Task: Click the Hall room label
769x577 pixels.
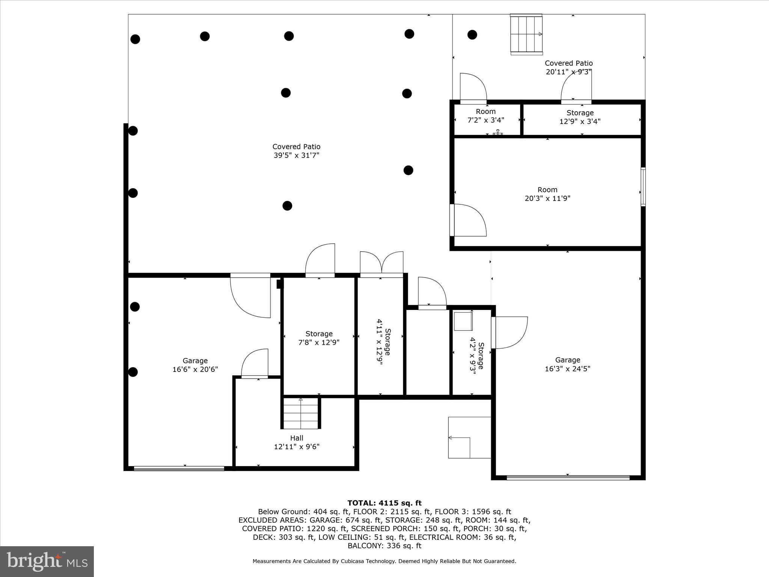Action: pos(296,438)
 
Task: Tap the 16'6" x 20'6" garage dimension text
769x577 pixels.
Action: pos(195,369)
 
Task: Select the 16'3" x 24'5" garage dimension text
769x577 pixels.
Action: pos(567,369)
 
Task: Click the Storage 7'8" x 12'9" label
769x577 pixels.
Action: pos(319,338)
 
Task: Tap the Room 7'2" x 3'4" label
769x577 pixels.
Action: pos(486,116)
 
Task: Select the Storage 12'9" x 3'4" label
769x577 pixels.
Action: pos(580,117)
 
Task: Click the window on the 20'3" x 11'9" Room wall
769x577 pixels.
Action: pos(643,187)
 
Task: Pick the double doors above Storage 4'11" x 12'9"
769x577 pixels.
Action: pos(381,264)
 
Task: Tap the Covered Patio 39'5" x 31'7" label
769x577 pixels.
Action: pos(296,151)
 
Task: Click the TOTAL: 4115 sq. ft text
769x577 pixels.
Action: pos(384,503)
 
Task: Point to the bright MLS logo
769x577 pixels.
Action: pos(47,561)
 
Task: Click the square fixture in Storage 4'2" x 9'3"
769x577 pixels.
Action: pos(463,321)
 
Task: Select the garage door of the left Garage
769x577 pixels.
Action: pos(179,468)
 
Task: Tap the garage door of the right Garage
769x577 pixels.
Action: pos(568,478)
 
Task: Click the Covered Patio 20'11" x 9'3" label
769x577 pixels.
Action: pos(568,67)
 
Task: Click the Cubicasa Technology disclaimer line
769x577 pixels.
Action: pos(384,561)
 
